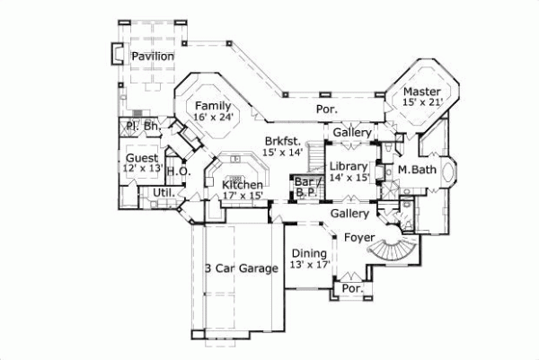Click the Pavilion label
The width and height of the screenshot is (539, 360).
click(152, 57)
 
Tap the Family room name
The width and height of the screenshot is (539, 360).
click(214, 106)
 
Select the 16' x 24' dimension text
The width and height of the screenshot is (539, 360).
click(214, 118)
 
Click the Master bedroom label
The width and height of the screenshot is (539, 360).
click(420, 92)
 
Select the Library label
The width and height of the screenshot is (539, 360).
click(347, 166)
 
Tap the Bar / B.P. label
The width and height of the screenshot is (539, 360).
click(304, 185)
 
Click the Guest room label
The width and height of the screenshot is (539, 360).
click(142, 159)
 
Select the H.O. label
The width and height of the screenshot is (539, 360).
click(176, 171)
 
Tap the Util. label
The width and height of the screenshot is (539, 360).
click(163, 192)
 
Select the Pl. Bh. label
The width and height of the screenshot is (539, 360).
click(142, 127)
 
